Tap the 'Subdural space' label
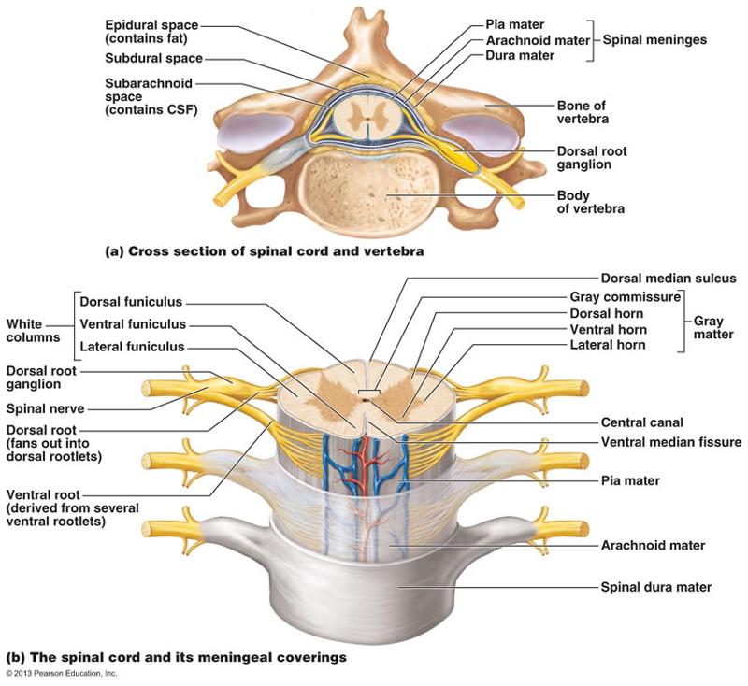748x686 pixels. tap(151, 58)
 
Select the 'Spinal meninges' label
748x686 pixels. tap(654, 40)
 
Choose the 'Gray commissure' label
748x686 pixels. tap(624, 297)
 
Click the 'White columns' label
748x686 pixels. tap(32, 330)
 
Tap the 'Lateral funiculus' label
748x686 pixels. tap(133, 347)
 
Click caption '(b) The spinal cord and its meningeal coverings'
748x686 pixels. tap(177, 658)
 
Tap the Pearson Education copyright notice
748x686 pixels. tap(62, 674)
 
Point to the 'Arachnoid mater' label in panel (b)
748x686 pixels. tap(652, 545)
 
